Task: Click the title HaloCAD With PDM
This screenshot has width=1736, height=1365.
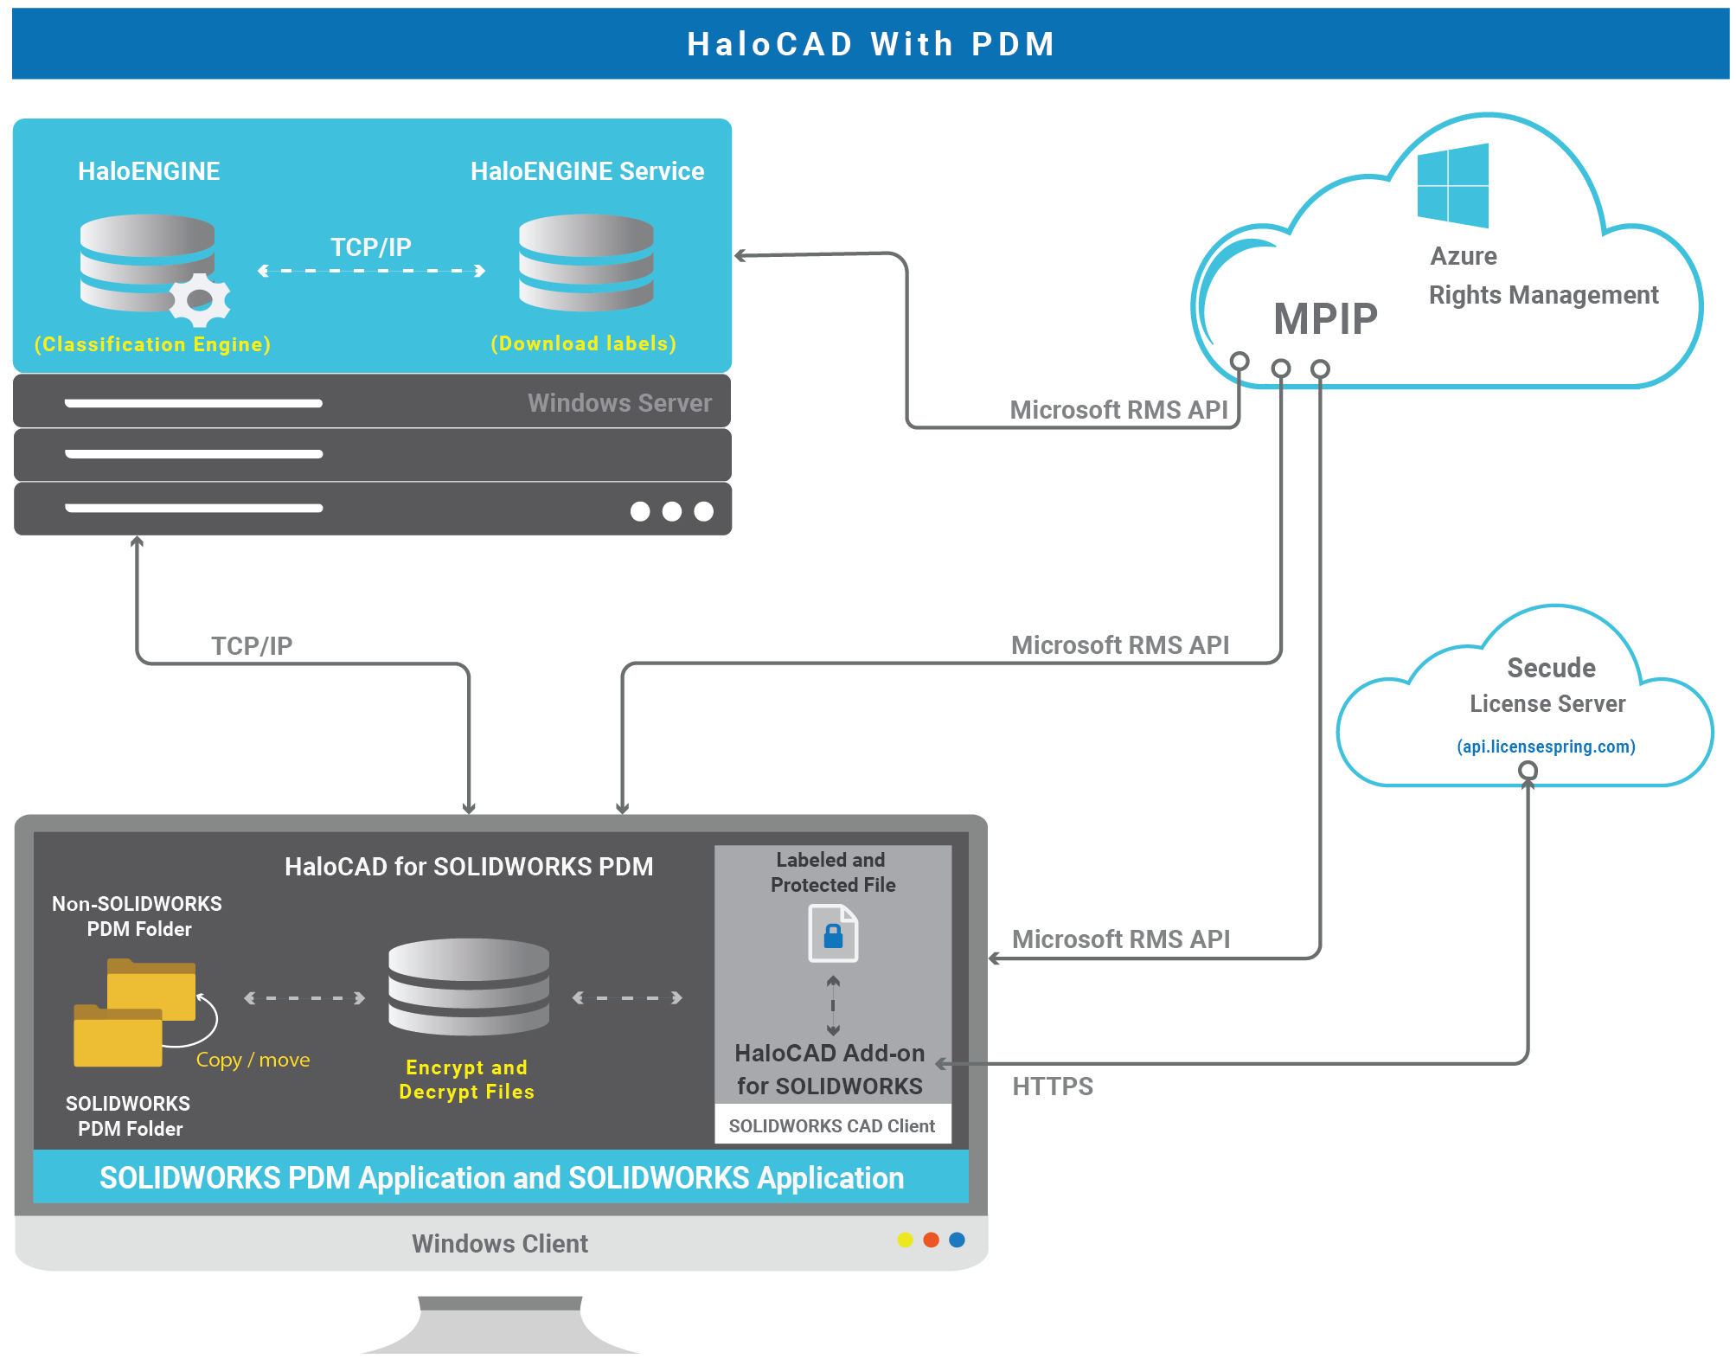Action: [870, 44]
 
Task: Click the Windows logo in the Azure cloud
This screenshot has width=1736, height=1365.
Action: [1452, 185]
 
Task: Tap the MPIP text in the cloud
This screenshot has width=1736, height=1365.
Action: [1324, 318]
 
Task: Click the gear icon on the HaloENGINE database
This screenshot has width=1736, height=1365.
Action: [200, 299]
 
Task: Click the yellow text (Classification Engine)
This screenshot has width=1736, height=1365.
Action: [152, 344]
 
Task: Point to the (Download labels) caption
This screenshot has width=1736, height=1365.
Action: [583, 343]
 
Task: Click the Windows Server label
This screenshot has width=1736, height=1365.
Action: [619, 403]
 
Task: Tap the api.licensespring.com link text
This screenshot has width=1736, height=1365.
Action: [1545, 747]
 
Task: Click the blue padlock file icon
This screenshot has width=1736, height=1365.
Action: [833, 933]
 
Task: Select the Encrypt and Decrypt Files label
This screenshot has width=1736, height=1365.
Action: [466, 1079]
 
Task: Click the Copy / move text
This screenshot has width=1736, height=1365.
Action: [253, 1060]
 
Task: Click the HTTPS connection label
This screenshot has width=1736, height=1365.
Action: [1052, 1086]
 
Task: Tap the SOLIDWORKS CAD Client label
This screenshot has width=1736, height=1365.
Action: [831, 1125]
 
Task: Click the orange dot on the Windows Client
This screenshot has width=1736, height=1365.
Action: [931, 1240]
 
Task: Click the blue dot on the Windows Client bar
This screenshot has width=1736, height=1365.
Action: [957, 1240]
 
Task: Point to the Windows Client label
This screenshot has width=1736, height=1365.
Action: [499, 1243]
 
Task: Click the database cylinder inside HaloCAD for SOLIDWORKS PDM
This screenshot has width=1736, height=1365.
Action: [468, 986]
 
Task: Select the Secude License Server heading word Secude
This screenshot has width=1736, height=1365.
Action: [1551, 668]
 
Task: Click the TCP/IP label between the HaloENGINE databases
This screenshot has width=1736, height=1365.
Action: [370, 247]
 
